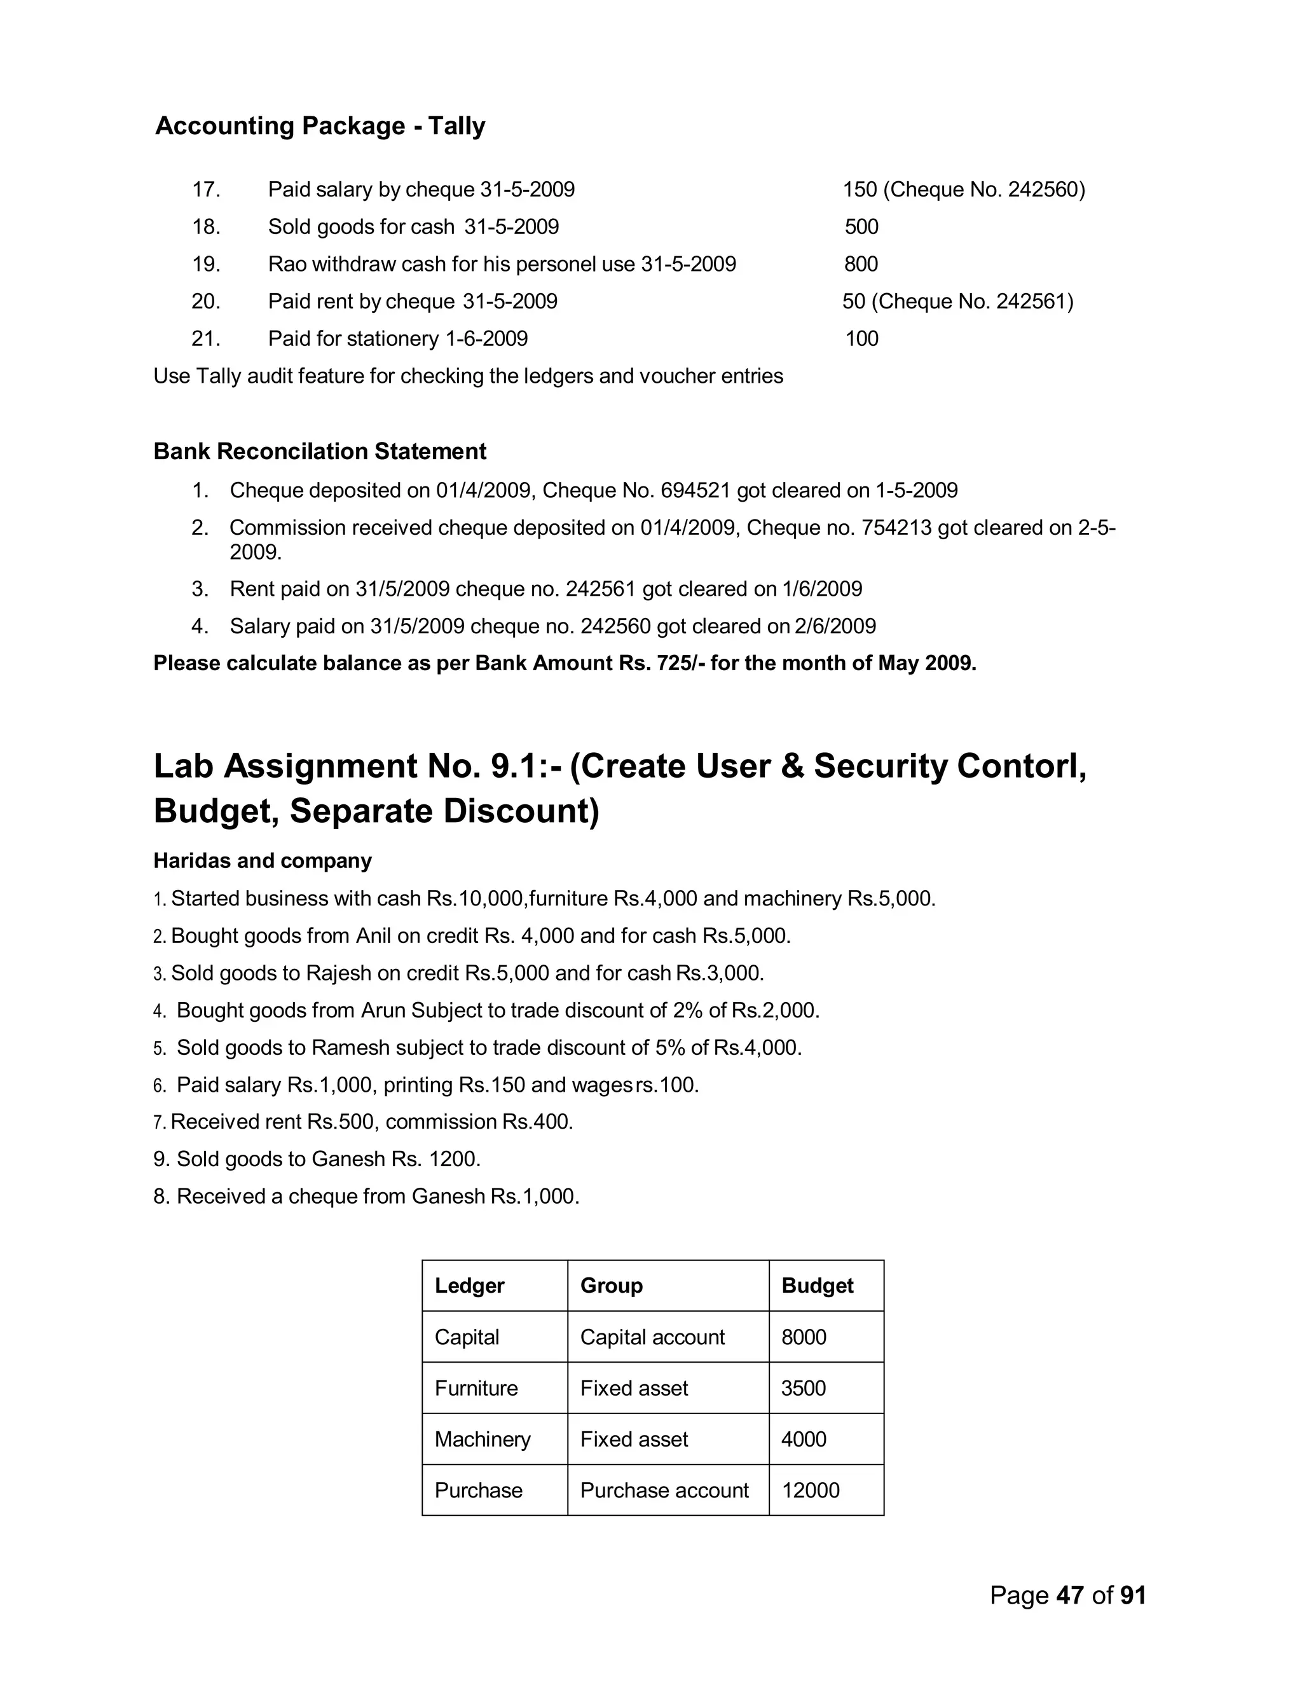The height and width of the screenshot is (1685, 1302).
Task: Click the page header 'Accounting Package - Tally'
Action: [320, 126]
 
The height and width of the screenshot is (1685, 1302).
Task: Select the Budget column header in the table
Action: [817, 1285]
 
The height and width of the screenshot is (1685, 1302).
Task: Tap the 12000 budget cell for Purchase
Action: [810, 1490]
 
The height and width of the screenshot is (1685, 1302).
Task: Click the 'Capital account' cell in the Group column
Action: [652, 1337]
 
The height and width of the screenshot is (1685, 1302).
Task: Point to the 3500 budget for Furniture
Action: [803, 1388]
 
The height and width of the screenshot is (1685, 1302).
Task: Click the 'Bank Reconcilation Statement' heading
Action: [319, 451]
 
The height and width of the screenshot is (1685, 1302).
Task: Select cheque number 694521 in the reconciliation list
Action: [696, 491]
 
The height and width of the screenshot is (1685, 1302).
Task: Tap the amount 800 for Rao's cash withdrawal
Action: [861, 264]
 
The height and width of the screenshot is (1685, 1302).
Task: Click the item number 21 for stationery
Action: [205, 339]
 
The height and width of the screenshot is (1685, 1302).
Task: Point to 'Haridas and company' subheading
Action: [263, 860]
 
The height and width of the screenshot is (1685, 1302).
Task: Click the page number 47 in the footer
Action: [1070, 1595]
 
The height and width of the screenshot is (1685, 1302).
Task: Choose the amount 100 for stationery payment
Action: [861, 339]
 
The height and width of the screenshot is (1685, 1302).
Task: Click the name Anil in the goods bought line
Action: [373, 936]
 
